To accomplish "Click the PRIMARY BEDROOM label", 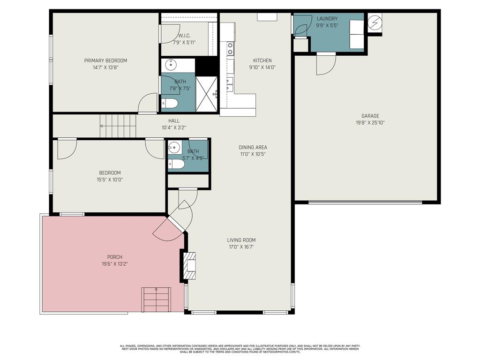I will click(105, 60).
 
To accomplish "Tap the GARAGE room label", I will click(370, 116).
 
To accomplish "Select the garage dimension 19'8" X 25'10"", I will click(370, 123).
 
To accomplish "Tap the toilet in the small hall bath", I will click(176, 164).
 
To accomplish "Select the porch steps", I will click(156, 299).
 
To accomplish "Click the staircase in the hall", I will click(118, 126).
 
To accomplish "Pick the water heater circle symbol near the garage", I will click(375, 22).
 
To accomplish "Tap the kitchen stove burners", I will click(230, 48).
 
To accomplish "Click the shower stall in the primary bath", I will click(206, 94).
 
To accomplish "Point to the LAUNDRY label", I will click(327, 19).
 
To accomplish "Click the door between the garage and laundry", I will click(326, 63).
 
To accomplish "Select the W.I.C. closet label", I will click(184, 36).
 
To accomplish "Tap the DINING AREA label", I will click(253, 147).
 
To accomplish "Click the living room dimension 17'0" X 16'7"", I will click(242, 247).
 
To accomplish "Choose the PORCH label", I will click(115, 257).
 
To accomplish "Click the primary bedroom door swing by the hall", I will click(148, 103).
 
